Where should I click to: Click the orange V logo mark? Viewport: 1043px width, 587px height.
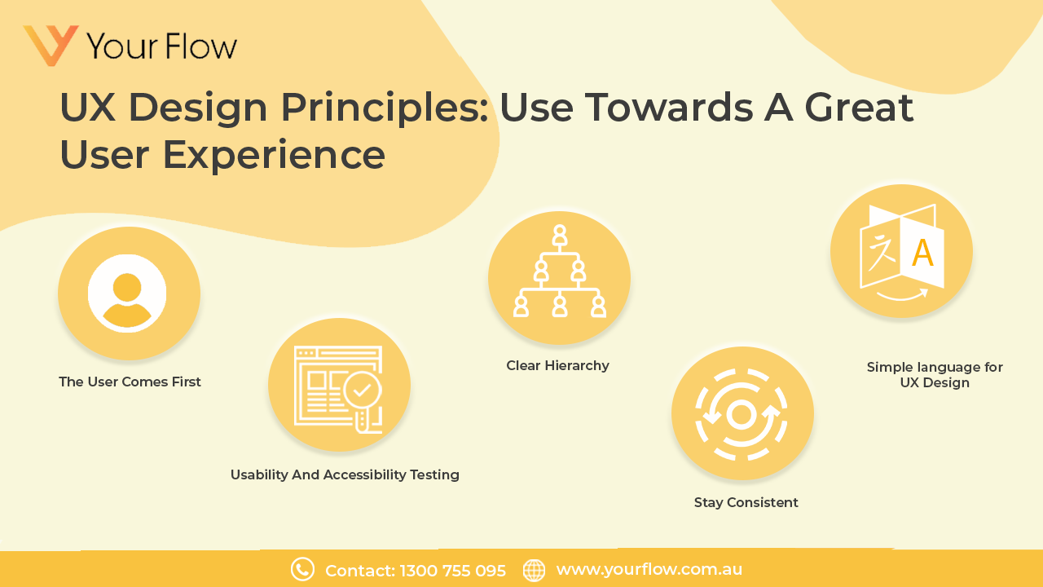[51, 45]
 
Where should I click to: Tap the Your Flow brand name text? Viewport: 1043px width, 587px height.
[161, 46]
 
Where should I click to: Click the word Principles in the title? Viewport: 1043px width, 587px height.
[384, 107]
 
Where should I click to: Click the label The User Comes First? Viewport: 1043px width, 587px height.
[130, 382]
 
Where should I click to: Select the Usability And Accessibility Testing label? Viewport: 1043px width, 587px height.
[345, 474]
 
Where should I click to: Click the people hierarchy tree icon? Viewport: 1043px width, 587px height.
[559, 274]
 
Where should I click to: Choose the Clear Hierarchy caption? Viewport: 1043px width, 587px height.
[557, 365]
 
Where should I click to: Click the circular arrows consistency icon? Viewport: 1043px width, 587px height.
[742, 414]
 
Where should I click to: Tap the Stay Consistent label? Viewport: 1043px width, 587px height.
[746, 502]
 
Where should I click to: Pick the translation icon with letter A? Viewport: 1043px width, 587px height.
[901, 251]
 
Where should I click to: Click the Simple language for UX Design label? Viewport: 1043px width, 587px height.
[935, 375]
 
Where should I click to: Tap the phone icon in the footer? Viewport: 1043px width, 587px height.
[302, 570]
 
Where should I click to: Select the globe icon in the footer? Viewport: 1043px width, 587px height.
[534, 570]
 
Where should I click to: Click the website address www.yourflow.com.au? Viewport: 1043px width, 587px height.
[649, 570]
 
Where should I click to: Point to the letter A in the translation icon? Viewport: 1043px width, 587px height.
[922, 254]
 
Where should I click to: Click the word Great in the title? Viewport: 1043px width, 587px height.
[859, 107]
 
